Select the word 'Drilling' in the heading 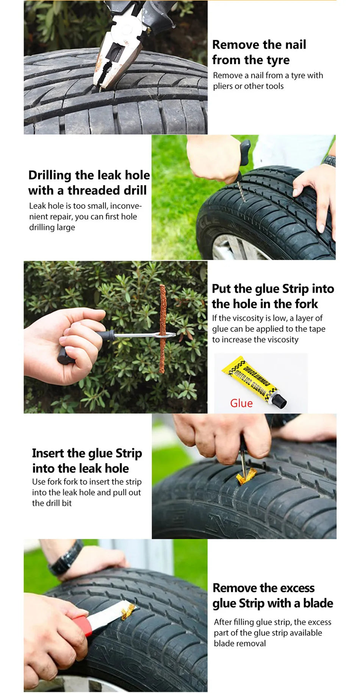[x=50, y=175]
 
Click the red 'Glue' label [x=241, y=403]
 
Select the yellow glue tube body [x=250, y=379]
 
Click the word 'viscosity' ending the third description [x=280, y=339]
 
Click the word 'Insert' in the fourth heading [x=48, y=453]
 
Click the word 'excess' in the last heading [x=297, y=588]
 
